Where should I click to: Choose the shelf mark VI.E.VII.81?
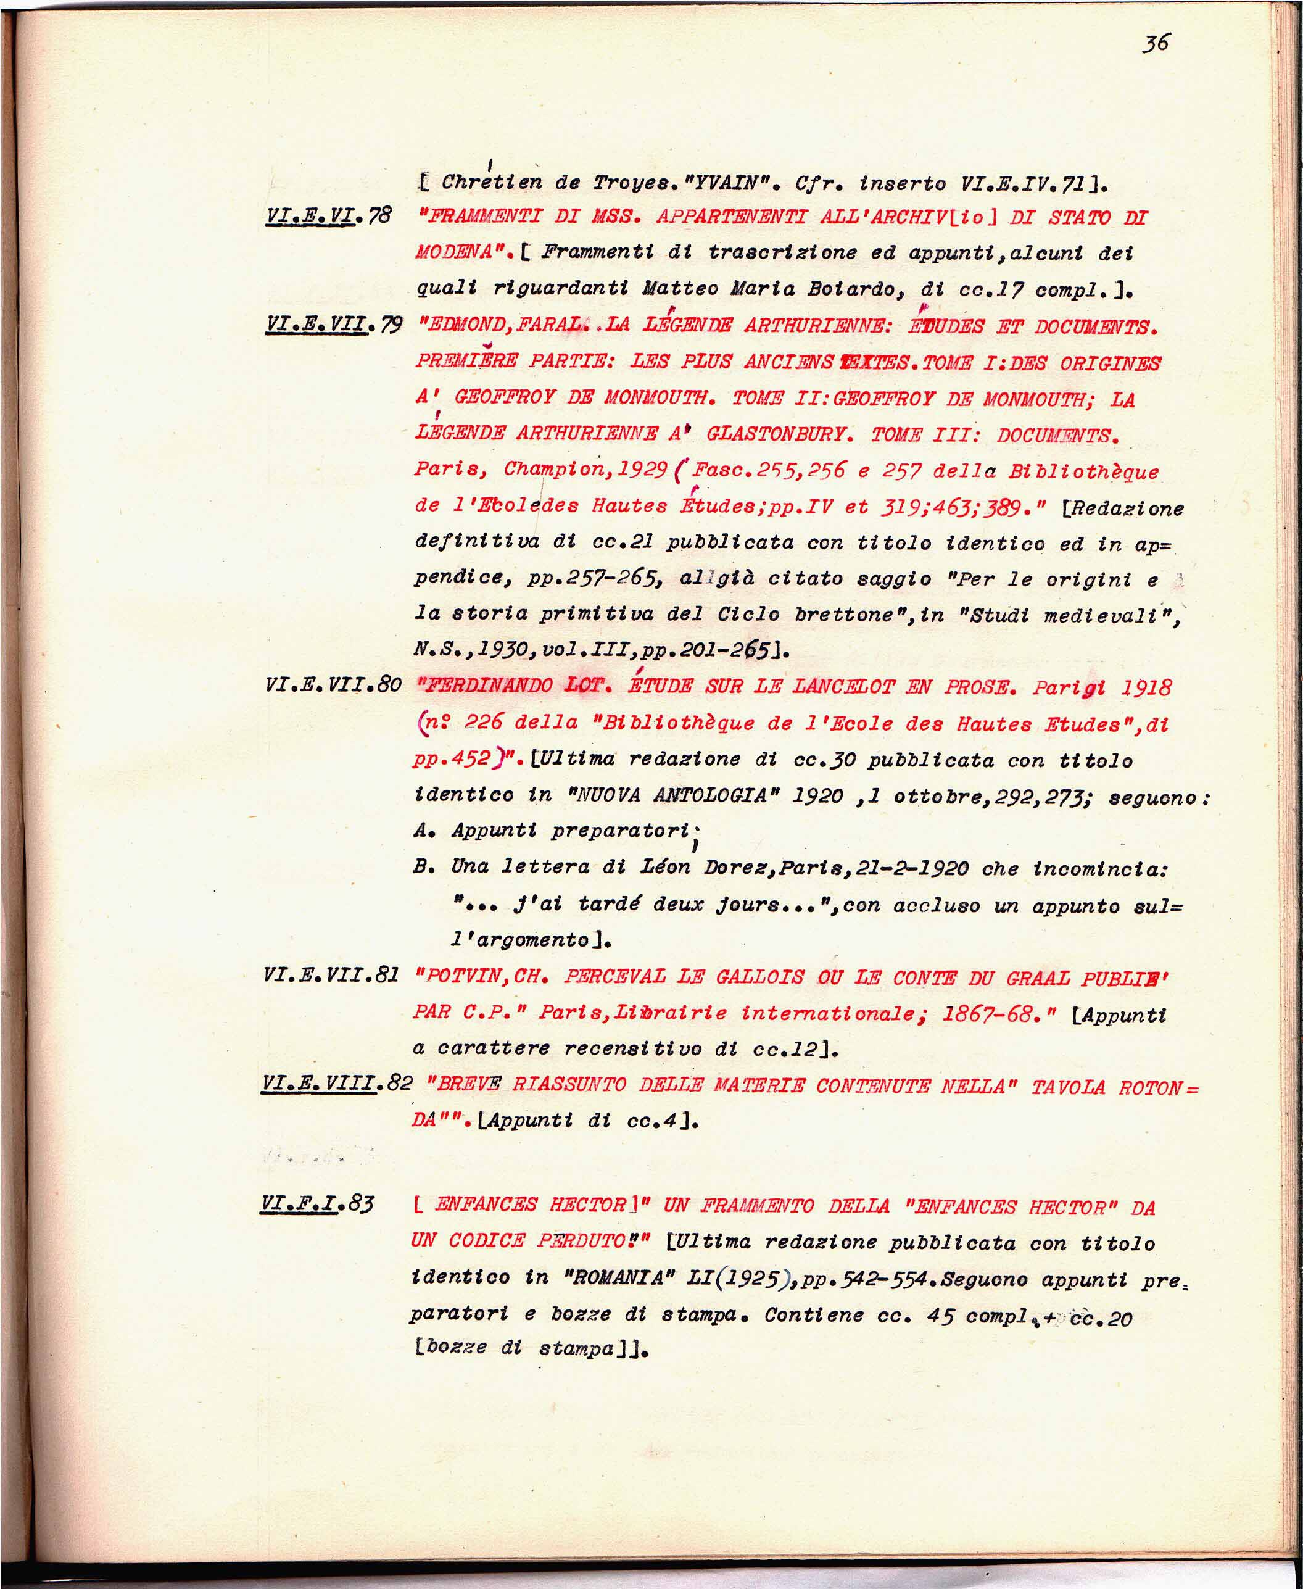pos(331,975)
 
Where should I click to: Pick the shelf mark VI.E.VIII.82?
pos(337,1083)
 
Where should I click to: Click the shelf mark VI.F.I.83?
pos(316,1204)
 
